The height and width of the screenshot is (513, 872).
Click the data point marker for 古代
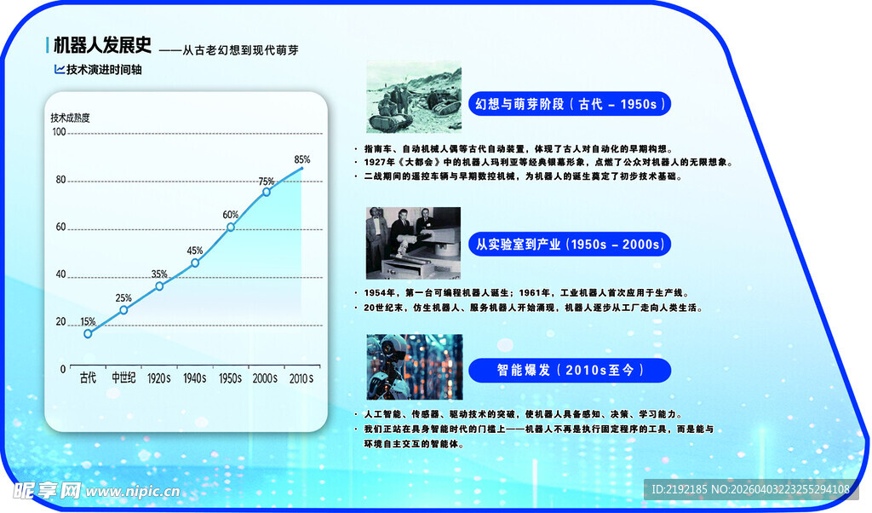(88, 333)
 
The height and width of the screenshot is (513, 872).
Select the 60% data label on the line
(230, 214)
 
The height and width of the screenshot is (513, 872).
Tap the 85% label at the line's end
(301, 159)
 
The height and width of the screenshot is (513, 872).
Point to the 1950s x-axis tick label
(230, 378)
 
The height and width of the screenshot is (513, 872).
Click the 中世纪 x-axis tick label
(123, 378)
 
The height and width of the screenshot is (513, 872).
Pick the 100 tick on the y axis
(59, 132)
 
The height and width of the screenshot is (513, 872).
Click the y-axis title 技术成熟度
(70, 118)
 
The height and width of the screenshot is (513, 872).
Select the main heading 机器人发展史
(102, 45)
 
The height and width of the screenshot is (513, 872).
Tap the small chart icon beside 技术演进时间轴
(60, 70)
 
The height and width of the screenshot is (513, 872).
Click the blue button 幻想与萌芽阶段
(570, 104)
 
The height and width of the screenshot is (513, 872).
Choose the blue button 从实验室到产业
(569, 245)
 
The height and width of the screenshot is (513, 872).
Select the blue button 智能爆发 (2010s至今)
(570, 370)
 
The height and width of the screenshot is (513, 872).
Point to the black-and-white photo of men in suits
(413, 243)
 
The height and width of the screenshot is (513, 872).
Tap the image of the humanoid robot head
(415, 367)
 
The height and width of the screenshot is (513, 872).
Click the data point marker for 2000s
(266, 192)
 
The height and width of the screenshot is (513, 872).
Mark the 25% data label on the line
(123, 298)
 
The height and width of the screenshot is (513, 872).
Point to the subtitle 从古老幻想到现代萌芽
(240, 50)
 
